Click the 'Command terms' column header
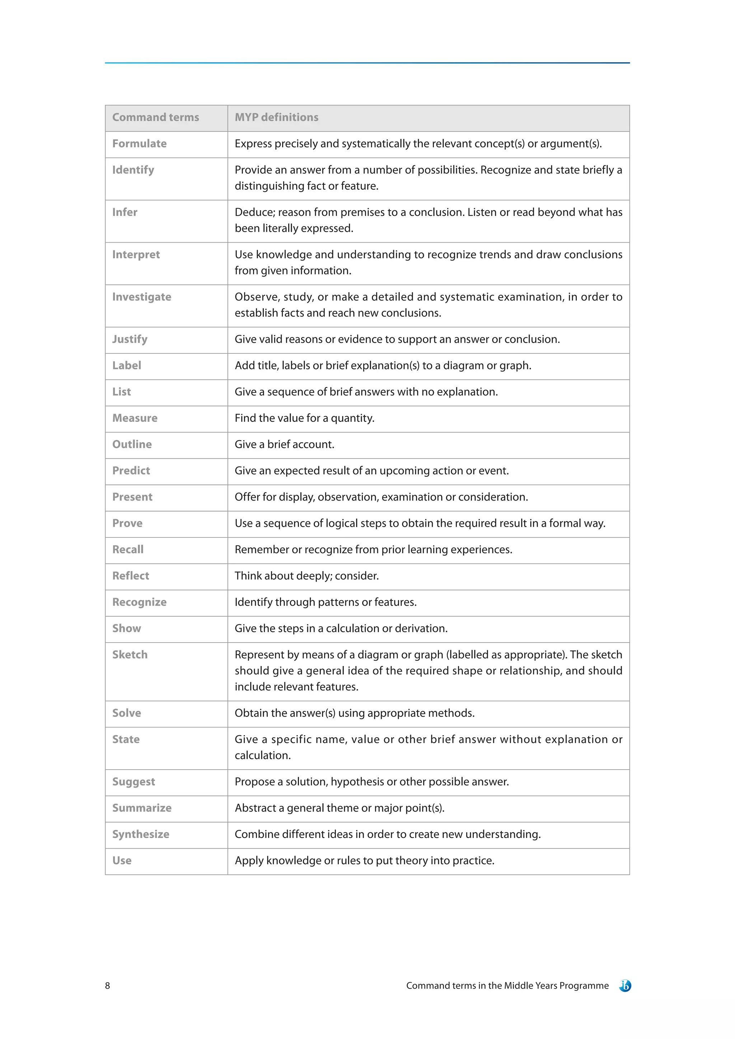tap(156, 117)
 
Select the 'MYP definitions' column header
tap(277, 117)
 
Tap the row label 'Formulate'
tap(139, 144)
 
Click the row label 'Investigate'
tap(142, 297)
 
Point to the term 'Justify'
tap(130, 339)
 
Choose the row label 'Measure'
tap(135, 418)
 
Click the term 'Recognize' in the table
tap(139, 602)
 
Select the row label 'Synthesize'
tap(141, 835)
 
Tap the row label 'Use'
tap(122, 861)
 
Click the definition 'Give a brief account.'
tap(284, 445)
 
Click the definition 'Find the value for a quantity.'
tap(304, 418)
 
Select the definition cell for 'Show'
tap(341, 629)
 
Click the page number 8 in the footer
tap(107, 986)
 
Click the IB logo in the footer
tap(625, 986)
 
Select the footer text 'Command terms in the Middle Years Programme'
tap(507, 986)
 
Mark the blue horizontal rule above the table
tap(367, 63)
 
